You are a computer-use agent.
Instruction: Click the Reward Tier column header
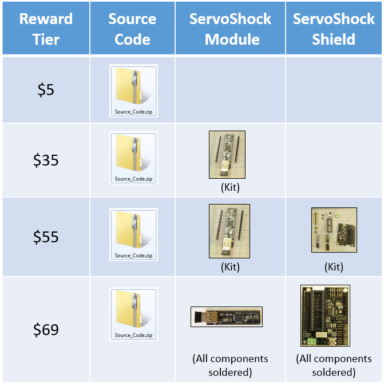[46, 29]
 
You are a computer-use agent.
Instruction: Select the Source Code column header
[132, 29]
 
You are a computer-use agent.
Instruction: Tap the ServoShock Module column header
[231, 29]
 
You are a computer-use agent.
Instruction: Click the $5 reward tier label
[46, 89]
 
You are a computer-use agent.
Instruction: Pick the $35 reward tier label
[46, 160]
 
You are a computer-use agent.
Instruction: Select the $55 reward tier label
[46, 236]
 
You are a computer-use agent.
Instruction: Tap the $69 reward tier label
[46, 329]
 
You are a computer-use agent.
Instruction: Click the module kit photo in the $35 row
[227, 156]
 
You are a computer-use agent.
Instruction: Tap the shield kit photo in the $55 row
[334, 230]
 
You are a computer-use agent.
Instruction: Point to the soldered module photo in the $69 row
[226, 317]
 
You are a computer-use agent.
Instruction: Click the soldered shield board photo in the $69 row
[325, 316]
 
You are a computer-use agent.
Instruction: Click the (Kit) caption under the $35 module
[230, 187]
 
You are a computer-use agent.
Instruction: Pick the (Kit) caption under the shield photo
[334, 267]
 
